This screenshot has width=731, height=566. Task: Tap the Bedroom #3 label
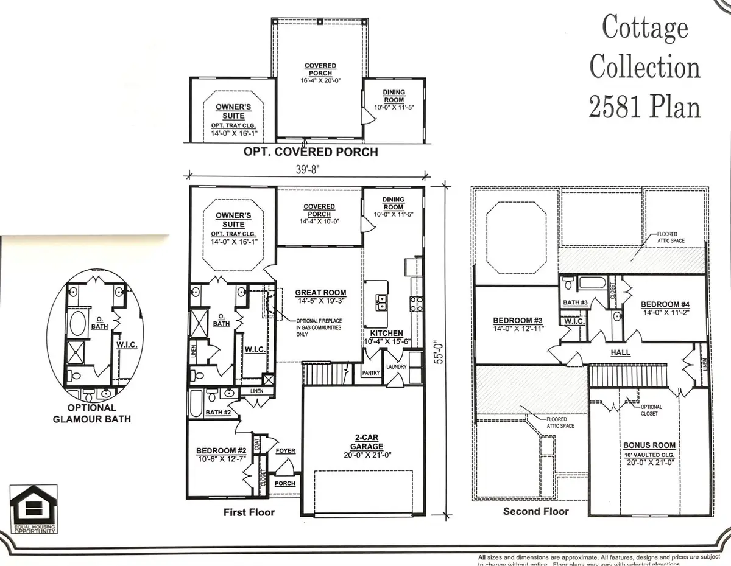click(517, 320)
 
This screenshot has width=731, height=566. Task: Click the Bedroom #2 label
click(221, 450)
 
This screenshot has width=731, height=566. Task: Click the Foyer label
click(285, 450)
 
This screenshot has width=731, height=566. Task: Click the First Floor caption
click(249, 512)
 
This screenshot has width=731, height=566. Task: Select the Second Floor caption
click(535, 511)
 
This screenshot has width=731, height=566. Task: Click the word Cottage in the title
click(645, 28)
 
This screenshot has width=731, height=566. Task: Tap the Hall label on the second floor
click(621, 352)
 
